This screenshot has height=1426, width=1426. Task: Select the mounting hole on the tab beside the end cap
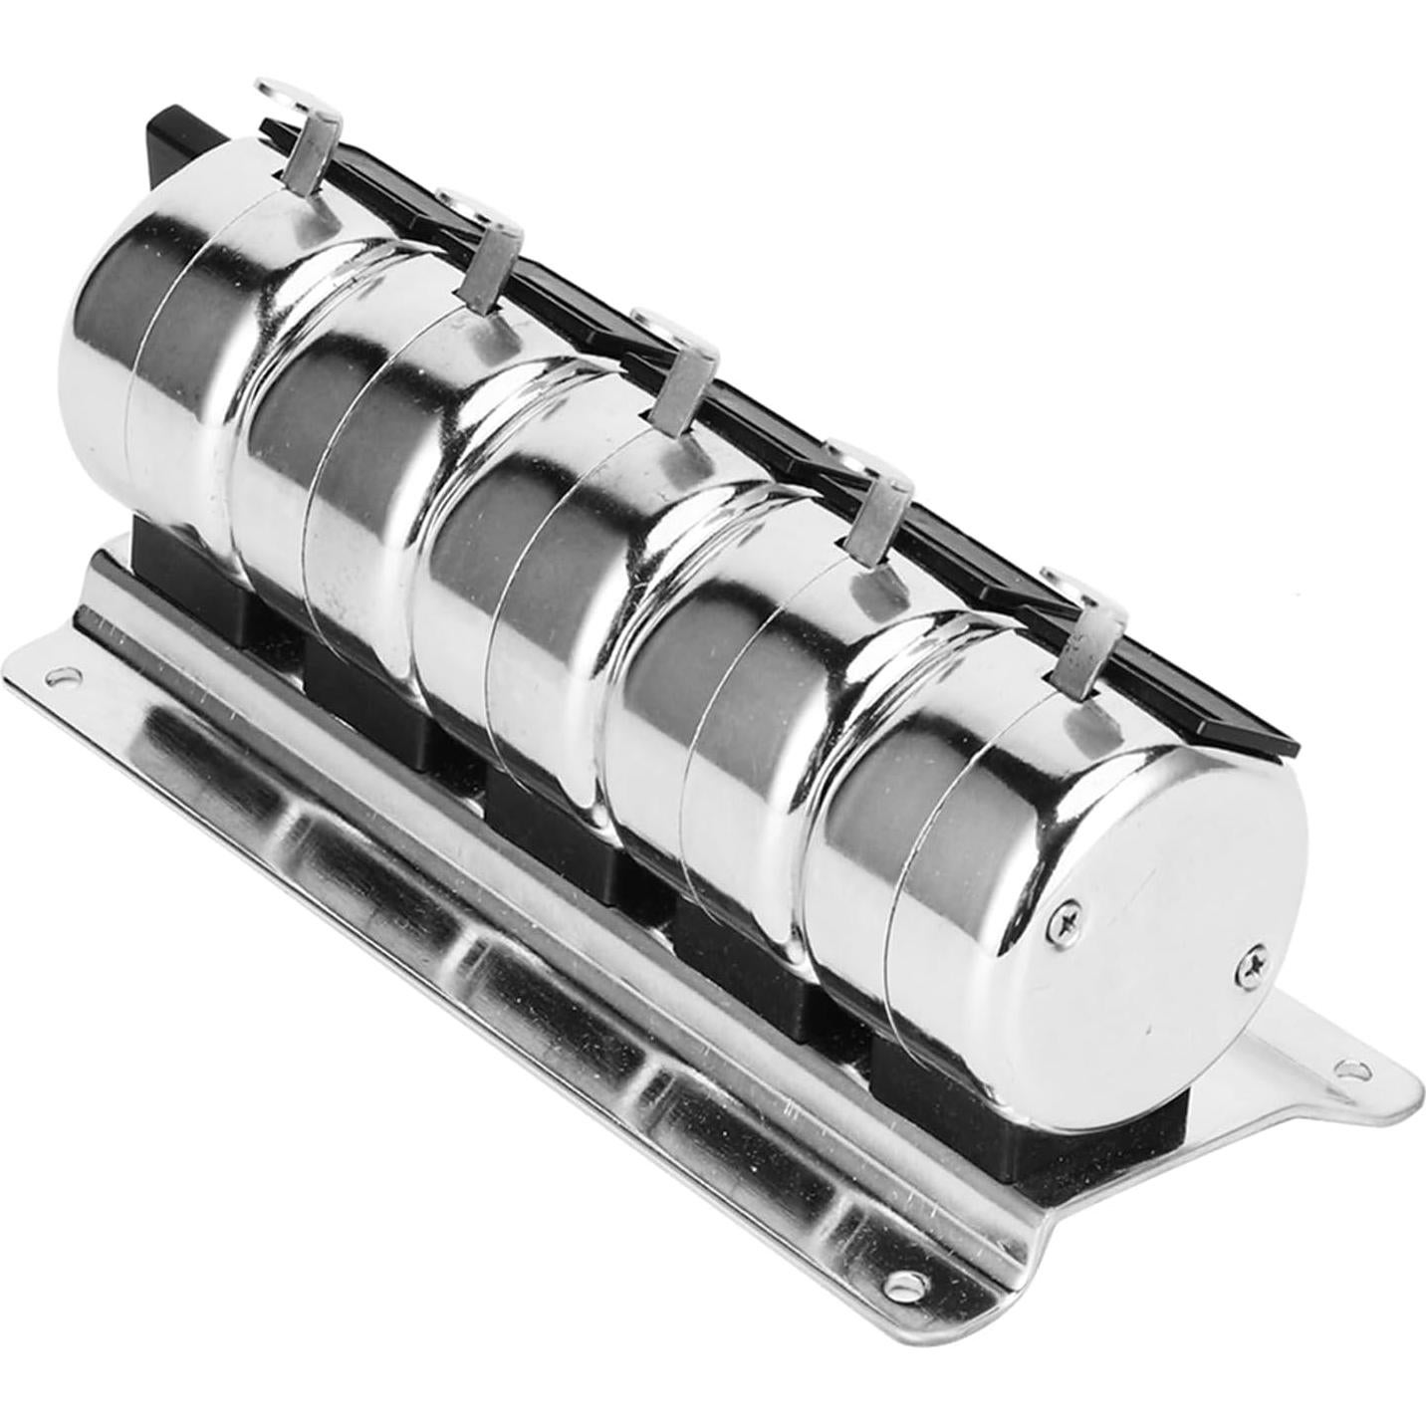[x=1350, y=1072]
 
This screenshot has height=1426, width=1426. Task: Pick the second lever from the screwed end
[x=876, y=510]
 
